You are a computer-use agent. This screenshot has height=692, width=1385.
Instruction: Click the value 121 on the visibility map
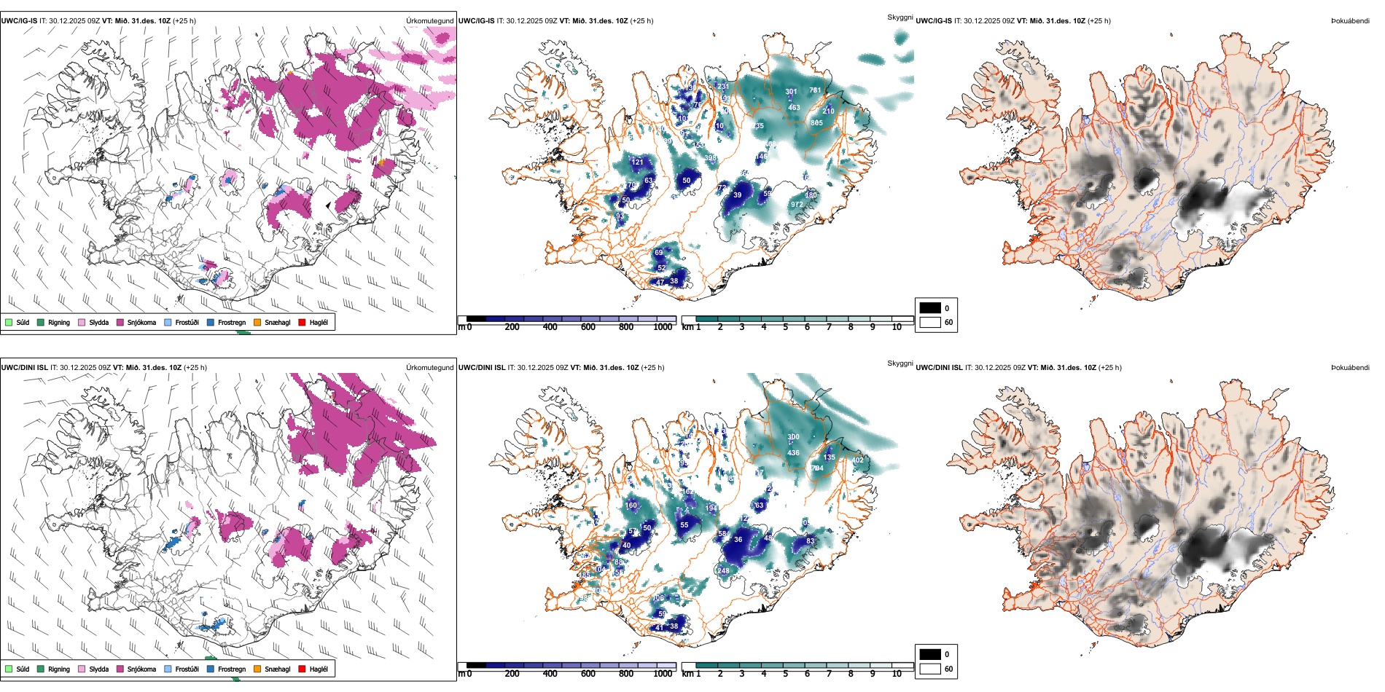coord(638,162)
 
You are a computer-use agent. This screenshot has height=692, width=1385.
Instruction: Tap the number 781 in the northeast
coord(815,91)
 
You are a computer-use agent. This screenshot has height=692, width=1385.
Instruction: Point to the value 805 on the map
coord(816,123)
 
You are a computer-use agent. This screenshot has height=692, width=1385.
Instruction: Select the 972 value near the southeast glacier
coord(797,205)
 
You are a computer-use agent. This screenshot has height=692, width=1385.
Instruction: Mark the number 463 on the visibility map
coord(794,108)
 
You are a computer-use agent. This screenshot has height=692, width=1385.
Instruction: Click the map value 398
coord(710,158)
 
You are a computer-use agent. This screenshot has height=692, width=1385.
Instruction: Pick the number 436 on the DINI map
coord(793,453)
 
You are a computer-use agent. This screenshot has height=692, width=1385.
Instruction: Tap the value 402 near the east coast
coord(858,460)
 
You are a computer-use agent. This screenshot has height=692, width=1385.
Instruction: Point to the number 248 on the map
coord(723,571)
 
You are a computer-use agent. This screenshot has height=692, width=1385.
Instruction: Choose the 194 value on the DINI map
coord(711,508)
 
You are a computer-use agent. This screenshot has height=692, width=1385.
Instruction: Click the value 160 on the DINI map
coord(631,506)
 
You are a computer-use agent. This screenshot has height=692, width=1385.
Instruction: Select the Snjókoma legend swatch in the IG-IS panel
coord(120,323)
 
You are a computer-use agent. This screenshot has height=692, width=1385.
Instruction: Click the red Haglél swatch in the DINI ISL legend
coord(303,669)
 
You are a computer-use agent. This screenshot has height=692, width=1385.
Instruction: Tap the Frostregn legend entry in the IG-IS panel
coord(211,323)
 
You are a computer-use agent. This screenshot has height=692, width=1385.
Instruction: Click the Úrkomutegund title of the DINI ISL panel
coord(429,367)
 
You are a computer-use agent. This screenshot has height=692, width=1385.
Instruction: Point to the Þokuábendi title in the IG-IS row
coord(1350,21)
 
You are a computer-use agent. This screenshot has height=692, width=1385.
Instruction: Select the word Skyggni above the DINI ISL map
coord(900,363)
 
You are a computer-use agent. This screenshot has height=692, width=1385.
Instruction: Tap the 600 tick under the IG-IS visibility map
coord(588,327)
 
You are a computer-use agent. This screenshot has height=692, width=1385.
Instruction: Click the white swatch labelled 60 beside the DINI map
coord(930,669)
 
